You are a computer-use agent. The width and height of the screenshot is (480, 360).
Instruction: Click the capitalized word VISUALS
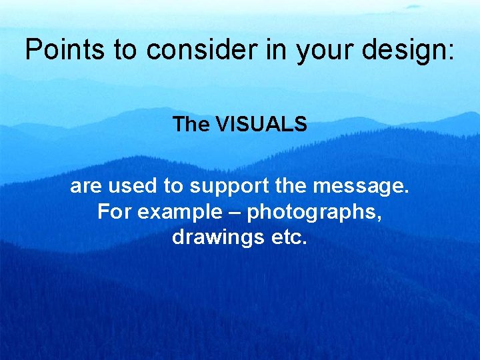[261, 125]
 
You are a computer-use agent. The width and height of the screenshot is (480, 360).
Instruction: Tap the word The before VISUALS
[191, 125]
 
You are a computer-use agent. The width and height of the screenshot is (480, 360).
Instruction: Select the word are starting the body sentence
[85, 187]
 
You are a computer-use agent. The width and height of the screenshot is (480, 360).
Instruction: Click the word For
[112, 212]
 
